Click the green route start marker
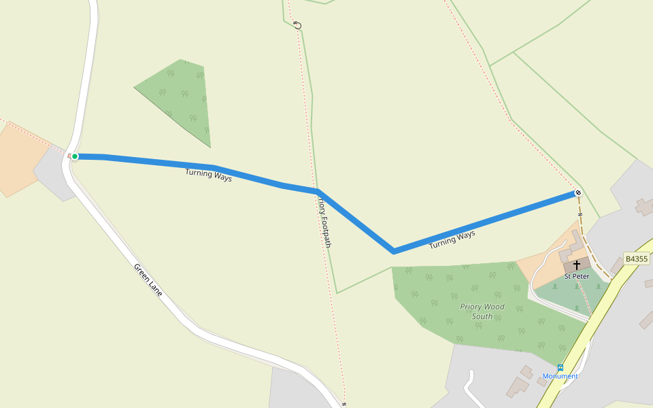click(x=75, y=156)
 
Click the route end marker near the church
click(x=577, y=193)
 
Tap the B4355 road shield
click(x=637, y=259)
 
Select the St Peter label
click(x=577, y=276)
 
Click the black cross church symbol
click(x=577, y=265)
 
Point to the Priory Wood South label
click(x=482, y=311)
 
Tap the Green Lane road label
click(x=148, y=279)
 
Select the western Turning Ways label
click(x=208, y=175)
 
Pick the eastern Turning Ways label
click(x=452, y=239)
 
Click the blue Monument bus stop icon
click(x=560, y=367)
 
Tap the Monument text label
click(x=560, y=376)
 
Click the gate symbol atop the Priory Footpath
click(x=297, y=25)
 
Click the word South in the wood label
click(x=482, y=317)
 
